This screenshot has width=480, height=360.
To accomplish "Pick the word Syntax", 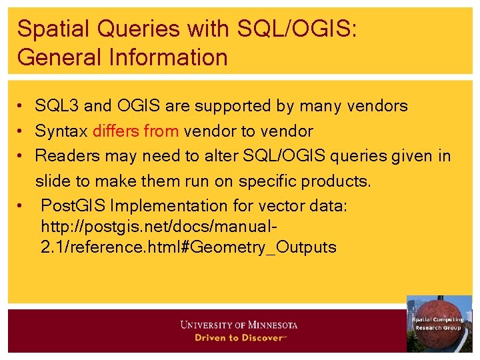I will [x=61, y=131].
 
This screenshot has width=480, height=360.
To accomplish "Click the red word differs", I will [x=116, y=131].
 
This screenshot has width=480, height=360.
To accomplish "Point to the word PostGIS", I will [x=67, y=206].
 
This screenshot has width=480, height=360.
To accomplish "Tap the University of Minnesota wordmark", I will [x=239, y=325].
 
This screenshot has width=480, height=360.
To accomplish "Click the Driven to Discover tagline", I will [x=239, y=338].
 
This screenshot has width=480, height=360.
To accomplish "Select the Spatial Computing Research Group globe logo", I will [x=439, y=323].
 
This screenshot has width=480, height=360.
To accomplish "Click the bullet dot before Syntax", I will [x=22, y=131].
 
